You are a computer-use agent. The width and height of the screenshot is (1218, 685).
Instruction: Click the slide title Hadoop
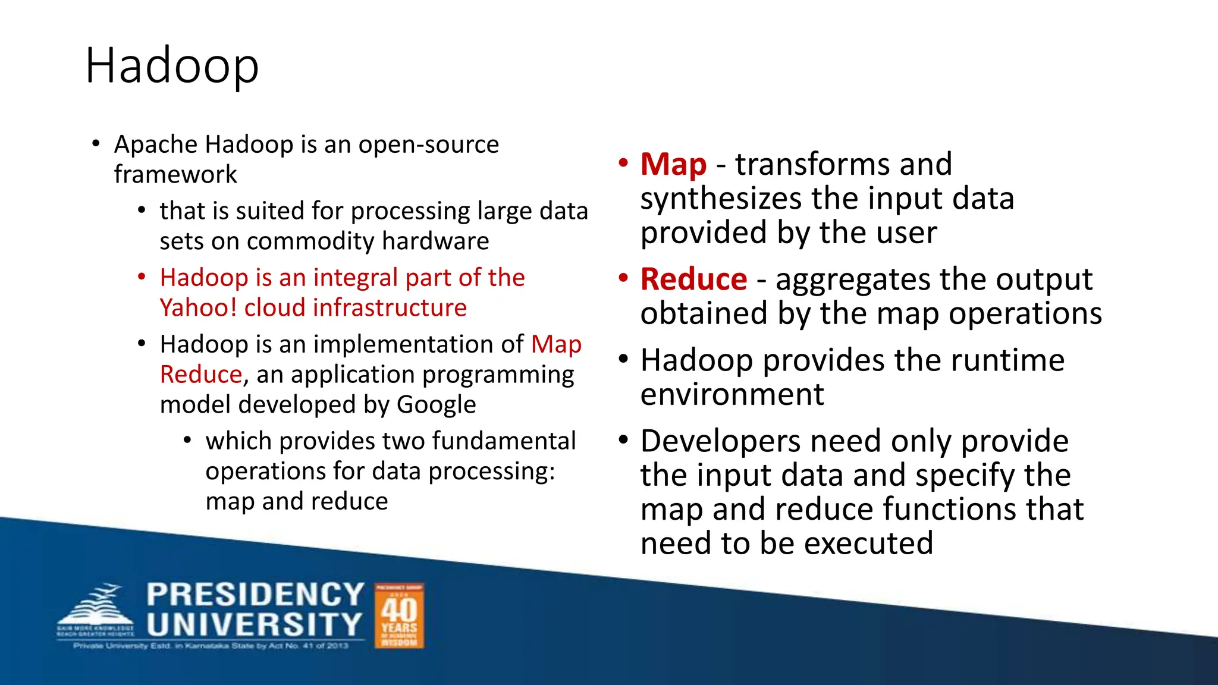pyautogui.click(x=172, y=65)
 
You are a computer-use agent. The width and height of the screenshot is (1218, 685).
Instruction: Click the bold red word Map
pyautogui.click(x=673, y=164)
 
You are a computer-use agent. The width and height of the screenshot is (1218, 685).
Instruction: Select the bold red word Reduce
pyautogui.click(x=693, y=279)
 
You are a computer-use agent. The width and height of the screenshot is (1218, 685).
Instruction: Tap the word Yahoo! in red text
pyautogui.click(x=198, y=308)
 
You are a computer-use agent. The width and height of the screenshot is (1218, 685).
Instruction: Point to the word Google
pyautogui.click(x=436, y=405)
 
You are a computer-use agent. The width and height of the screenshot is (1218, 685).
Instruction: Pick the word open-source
pyautogui.click(x=428, y=144)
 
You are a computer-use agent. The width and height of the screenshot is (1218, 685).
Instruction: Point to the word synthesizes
pyautogui.click(x=720, y=199)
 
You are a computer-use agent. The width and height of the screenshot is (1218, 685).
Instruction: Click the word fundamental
pyautogui.click(x=504, y=441)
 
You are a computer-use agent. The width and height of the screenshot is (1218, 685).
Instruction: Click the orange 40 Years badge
pyautogui.click(x=399, y=616)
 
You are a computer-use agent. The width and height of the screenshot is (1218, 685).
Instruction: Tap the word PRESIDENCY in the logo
pyautogui.click(x=255, y=595)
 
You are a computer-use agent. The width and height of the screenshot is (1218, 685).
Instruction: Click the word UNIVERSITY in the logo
pyautogui.click(x=254, y=625)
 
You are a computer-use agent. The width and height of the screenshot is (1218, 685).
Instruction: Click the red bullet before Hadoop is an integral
pyautogui.click(x=142, y=277)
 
